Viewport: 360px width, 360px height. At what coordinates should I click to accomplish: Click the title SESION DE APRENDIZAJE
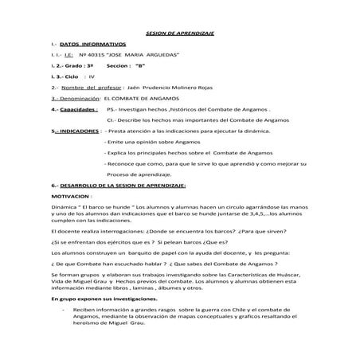181,33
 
